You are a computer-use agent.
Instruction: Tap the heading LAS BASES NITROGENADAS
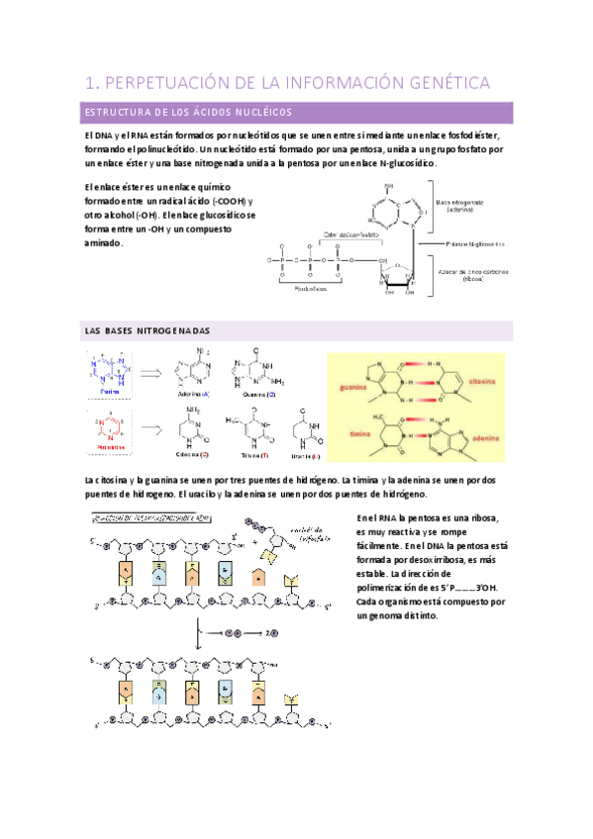(x=148, y=330)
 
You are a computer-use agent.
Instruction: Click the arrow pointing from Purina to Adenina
(x=151, y=373)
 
